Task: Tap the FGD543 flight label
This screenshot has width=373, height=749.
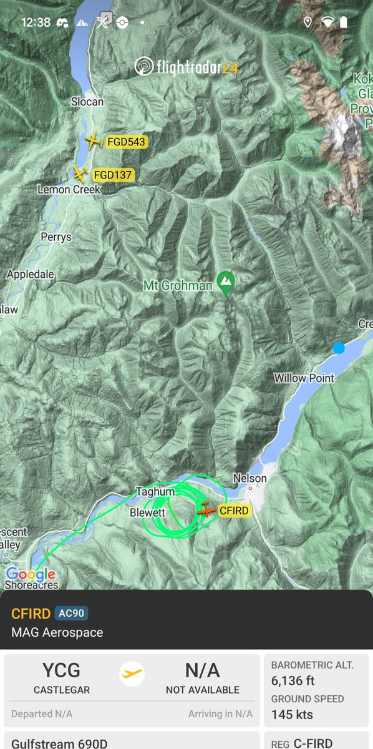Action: [x=126, y=142]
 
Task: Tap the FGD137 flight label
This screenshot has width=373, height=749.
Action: [x=112, y=175]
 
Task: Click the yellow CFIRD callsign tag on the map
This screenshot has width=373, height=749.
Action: [x=234, y=511]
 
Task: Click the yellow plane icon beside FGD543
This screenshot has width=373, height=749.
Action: [x=94, y=142]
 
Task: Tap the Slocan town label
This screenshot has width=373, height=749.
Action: [x=87, y=102]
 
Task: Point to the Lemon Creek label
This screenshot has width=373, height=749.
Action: [x=69, y=189]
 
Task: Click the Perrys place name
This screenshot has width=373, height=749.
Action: [x=56, y=237]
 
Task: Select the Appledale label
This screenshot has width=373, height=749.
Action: [x=31, y=274]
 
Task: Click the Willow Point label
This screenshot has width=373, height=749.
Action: [x=304, y=378]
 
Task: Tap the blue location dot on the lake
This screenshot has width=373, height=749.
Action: [x=339, y=348]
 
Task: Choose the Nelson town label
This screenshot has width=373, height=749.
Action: [x=249, y=478]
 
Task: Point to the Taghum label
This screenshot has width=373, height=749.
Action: [x=155, y=492]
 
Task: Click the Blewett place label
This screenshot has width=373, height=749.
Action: [x=147, y=512]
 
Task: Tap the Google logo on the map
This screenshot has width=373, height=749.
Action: [x=30, y=574]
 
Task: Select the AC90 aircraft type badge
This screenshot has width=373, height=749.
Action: [x=70, y=613]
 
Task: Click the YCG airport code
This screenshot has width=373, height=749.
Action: [x=62, y=670]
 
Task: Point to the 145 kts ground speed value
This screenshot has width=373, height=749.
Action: [x=292, y=715]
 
